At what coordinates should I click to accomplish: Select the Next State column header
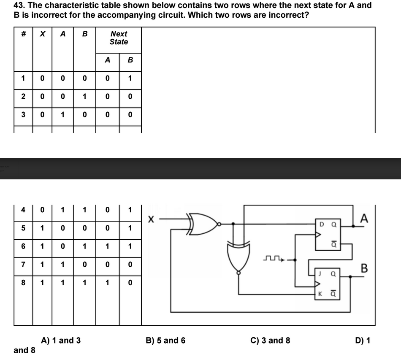coord(119,38)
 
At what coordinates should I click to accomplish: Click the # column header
coord(24,34)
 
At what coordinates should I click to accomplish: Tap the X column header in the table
coord(42,34)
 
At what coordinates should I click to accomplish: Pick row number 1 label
coord(24,78)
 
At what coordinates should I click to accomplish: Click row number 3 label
coord(24,114)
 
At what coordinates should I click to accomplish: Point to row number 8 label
coord(24,282)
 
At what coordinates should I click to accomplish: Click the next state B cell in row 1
coord(130,78)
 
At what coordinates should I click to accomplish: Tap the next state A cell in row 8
coord(108,282)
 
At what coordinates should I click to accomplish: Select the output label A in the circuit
coord(365,218)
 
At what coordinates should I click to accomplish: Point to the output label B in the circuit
coord(366,268)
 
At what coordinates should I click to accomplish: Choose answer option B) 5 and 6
coord(165,340)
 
